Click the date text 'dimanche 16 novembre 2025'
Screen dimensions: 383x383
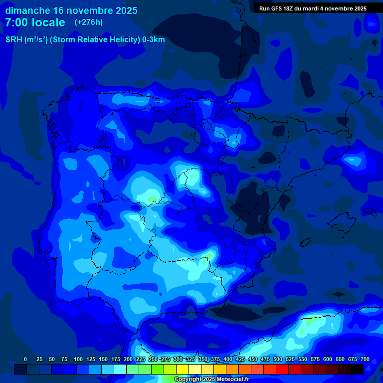71,10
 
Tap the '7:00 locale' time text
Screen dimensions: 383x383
35,22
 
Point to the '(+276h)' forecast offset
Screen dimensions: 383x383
89,22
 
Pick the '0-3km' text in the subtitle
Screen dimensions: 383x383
154,40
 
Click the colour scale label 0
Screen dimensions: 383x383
25,359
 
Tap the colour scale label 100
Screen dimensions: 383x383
78,359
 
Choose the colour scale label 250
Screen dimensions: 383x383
153,359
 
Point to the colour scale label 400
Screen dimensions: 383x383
228,359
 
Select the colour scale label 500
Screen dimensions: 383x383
278,359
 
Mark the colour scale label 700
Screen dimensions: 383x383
365,359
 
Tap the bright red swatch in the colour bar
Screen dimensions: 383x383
282,369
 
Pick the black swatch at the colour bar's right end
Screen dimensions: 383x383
357,369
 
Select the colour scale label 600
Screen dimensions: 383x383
328,359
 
